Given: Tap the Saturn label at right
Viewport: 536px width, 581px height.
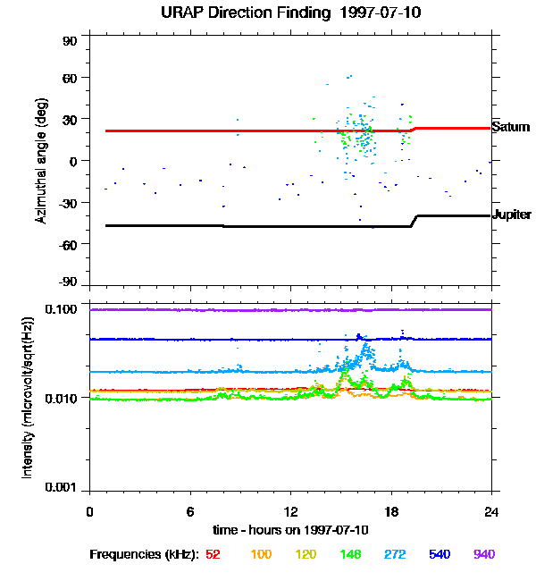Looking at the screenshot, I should tap(511, 127).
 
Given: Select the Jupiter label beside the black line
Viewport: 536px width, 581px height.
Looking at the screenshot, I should tap(512, 215).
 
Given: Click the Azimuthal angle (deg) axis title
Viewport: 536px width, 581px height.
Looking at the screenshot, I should tap(41, 162).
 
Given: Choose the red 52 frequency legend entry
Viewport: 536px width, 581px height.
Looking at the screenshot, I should tap(214, 554).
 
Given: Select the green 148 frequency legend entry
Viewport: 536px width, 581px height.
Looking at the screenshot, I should tap(352, 554).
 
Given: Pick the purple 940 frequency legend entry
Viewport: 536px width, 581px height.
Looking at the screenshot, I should tap(484, 554).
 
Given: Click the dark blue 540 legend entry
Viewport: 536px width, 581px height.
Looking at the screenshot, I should tap(440, 554).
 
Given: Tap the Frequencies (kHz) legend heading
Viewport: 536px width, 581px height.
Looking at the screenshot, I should tap(143, 554).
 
